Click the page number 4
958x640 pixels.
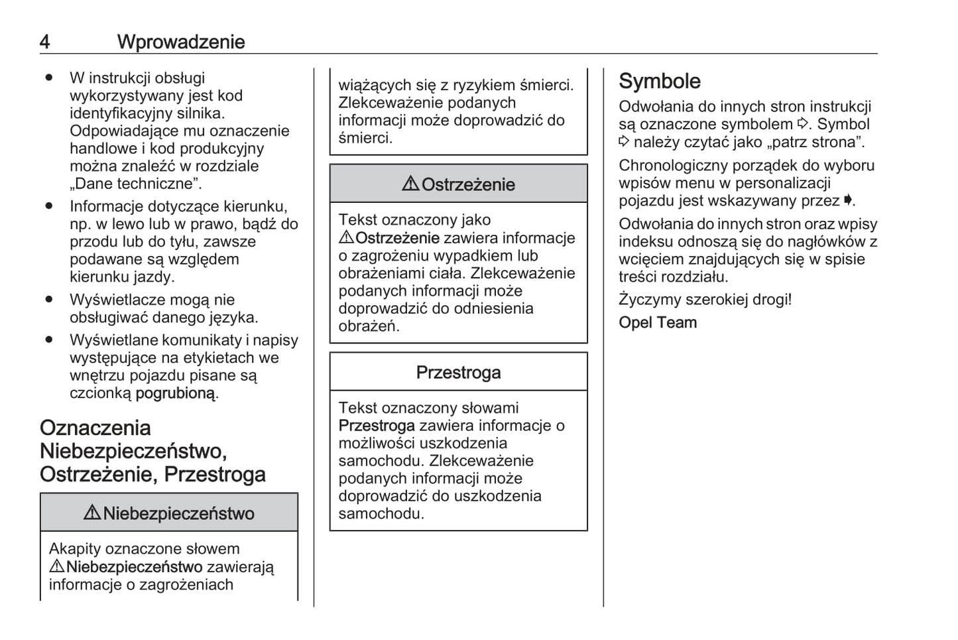tap(44, 42)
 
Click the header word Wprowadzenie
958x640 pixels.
tap(181, 42)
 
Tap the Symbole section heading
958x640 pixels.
tap(659, 81)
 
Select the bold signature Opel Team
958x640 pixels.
tap(658, 323)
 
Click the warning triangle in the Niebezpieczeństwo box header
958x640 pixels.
tap(92, 513)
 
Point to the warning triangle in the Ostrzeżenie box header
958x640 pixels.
tap(410, 184)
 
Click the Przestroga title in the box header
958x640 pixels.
tap(458, 373)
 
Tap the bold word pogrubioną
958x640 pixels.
tap(176, 393)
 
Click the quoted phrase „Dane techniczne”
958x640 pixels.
tap(135, 184)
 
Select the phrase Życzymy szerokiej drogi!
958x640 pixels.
tap(705, 300)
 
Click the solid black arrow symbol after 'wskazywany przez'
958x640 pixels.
tap(848, 200)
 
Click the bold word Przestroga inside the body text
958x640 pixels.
tap(377, 426)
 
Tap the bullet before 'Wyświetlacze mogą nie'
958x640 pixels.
tap(49, 300)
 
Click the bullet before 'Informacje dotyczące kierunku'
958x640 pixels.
tap(49, 206)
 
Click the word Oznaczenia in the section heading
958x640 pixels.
tap(95, 428)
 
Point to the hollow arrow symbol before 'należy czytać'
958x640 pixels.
tap(624, 142)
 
